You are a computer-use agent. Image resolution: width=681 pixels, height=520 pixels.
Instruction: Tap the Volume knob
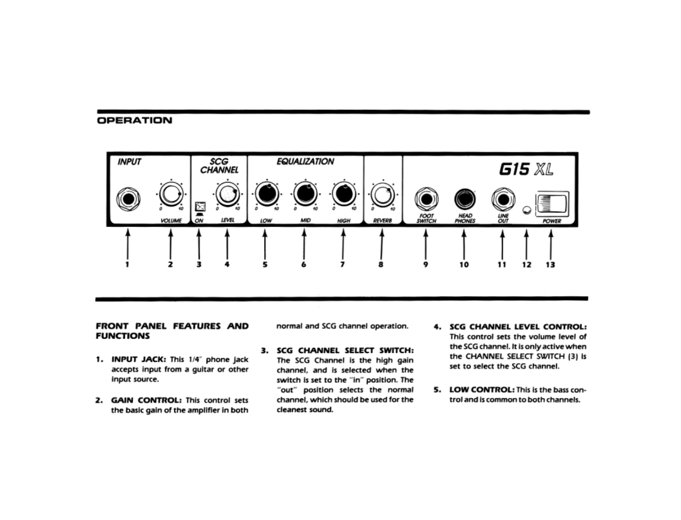[170, 194]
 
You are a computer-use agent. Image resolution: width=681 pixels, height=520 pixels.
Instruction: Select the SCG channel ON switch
[200, 206]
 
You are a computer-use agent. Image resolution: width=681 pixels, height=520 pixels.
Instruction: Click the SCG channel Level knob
[227, 194]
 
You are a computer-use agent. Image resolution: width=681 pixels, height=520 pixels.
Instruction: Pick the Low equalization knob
[266, 194]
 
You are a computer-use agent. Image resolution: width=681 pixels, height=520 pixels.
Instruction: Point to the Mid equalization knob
[305, 194]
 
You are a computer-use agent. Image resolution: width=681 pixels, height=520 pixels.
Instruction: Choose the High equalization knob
[343, 194]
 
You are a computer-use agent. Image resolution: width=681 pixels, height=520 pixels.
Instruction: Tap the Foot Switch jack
[426, 199]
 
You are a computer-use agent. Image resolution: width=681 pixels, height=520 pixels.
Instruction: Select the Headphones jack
[465, 199]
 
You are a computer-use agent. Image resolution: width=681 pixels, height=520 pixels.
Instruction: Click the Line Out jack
[503, 199]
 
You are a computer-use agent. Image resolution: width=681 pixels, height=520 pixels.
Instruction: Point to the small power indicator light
[527, 210]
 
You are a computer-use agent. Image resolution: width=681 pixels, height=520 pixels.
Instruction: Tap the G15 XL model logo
[525, 169]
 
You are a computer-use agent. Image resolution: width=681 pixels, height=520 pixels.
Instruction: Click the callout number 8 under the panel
[381, 264]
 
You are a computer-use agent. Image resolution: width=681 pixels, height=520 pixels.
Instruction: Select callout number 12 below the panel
[527, 264]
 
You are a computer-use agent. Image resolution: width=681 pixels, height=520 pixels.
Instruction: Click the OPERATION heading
[135, 120]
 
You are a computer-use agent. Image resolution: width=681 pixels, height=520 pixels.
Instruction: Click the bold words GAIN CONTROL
[146, 400]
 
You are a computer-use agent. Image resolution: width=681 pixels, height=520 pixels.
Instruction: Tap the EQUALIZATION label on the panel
[305, 161]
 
